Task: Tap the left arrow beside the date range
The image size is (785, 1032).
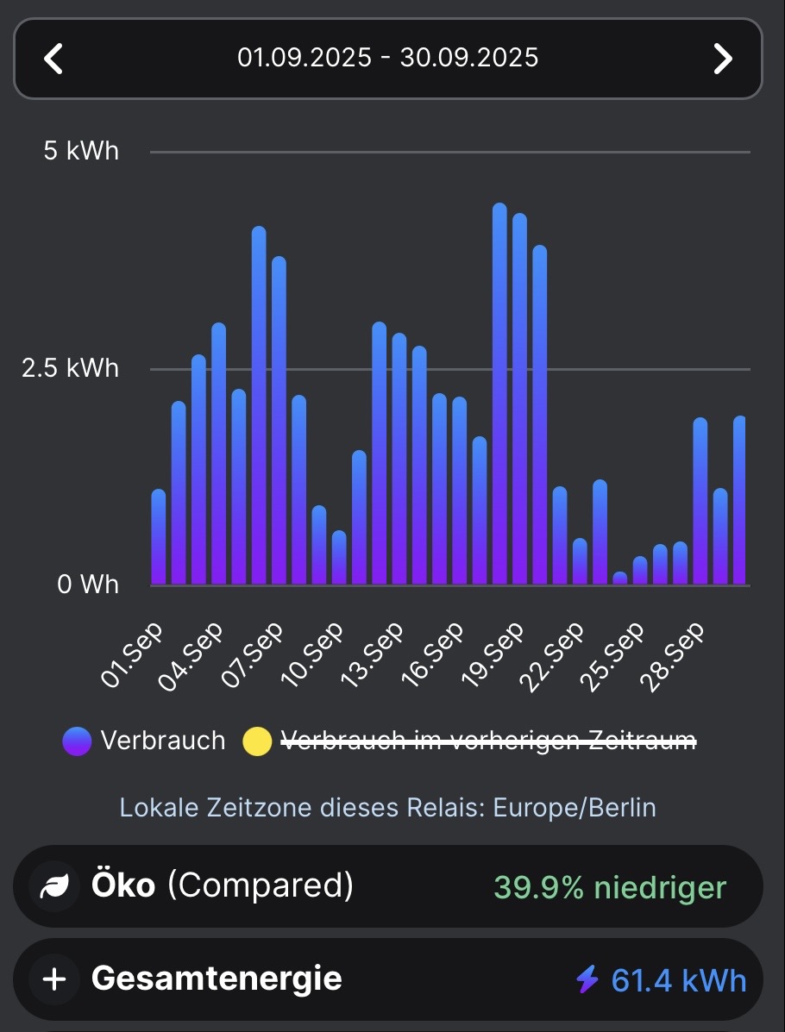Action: (53, 59)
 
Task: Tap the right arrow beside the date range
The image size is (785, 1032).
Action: (722, 59)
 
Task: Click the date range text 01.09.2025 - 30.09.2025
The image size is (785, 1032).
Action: (388, 58)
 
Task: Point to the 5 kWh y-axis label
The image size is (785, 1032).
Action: (81, 152)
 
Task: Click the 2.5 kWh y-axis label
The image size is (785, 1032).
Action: (71, 368)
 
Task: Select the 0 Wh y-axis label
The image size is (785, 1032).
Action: (88, 585)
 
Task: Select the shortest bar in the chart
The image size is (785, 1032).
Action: (620, 579)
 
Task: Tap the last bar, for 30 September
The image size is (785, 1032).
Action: (739, 500)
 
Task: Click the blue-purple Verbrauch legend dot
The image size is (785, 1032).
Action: (77, 741)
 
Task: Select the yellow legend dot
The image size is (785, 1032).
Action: (257, 741)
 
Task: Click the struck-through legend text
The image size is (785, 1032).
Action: (488, 741)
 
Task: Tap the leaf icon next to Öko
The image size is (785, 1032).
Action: (55, 886)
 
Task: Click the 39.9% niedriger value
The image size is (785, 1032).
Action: (610, 887)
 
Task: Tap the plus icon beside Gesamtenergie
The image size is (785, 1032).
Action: (54, 979)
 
